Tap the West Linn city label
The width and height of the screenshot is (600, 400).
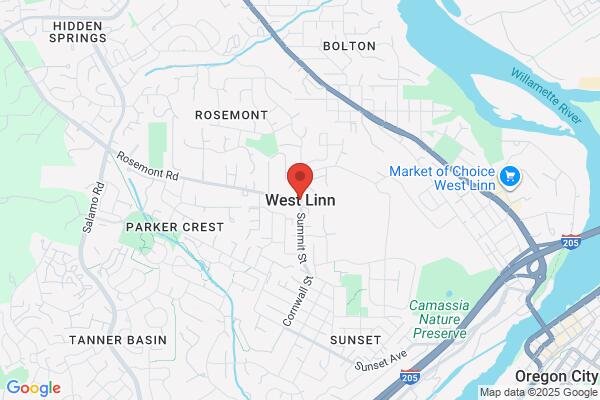(300, 200)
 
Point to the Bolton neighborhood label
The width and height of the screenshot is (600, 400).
(349, 46)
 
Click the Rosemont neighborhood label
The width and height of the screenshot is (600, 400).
(231, 115)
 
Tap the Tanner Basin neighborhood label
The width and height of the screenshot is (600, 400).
(118, 340)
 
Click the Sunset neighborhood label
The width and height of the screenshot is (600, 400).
(356, 340)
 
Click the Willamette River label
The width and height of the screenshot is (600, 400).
(546, 97)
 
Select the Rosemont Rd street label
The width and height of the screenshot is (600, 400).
(146, 166)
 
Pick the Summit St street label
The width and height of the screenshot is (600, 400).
(298, 239)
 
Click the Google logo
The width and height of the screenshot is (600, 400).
(33, 388)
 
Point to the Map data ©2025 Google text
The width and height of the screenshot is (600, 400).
(537, 391)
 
